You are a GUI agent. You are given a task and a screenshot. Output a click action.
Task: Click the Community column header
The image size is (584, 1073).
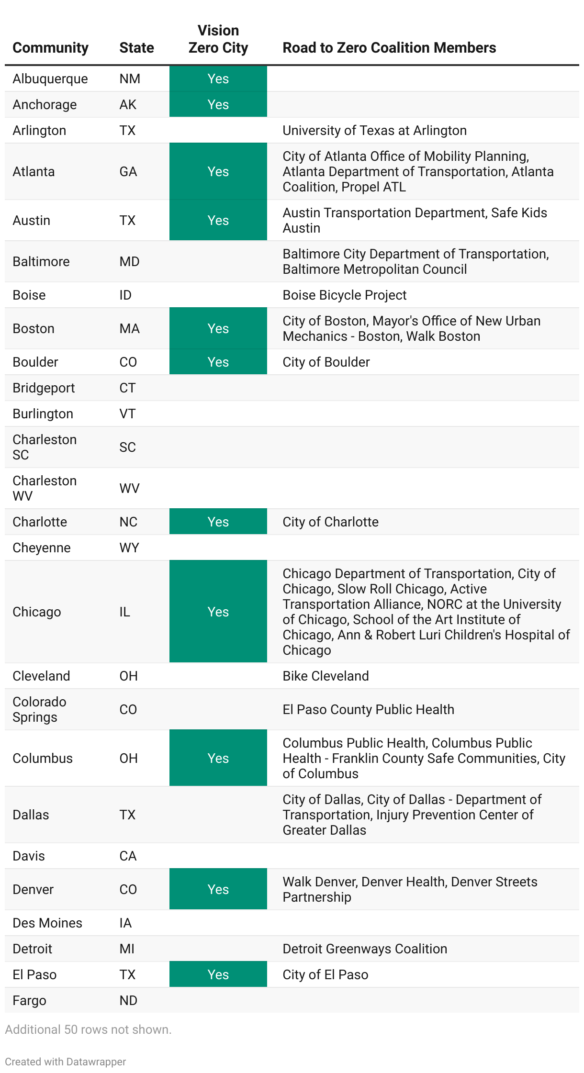[50, 48]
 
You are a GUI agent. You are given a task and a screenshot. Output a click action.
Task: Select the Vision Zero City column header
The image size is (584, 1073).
[218, 39]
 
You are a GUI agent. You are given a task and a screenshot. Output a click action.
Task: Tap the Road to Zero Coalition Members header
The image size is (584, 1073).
[389, 48]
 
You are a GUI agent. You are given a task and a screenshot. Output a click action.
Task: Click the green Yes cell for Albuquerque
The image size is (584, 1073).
[218, 78]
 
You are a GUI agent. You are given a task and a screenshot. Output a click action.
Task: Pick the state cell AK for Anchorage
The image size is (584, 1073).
[128, 104]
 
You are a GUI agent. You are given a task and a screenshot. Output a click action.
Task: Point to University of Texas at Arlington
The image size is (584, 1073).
[374, 130]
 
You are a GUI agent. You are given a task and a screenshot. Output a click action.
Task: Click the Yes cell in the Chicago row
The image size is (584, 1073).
[218, 612]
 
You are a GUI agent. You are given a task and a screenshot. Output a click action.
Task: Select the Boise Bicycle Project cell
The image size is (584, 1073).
[344, 295]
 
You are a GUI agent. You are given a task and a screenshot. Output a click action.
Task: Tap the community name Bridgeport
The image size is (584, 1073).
[44, 388]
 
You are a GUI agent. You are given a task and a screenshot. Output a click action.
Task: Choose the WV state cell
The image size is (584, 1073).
[129, 488]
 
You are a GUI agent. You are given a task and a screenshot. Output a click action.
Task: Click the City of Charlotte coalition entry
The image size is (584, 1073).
[330, 522]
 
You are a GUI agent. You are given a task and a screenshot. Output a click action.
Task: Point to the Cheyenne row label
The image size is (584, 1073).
[42, 548]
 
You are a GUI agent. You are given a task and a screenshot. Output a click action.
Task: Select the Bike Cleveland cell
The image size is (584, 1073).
[326, 676]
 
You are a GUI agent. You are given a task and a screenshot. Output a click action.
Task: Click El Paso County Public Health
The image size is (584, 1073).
[368, 709]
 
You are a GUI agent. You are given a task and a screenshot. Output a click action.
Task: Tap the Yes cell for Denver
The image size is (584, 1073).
[218, 889]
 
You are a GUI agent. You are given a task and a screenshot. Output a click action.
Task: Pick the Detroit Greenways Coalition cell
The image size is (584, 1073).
[365, 949]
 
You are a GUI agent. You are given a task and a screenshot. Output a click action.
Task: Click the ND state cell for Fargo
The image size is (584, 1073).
[128, 1000]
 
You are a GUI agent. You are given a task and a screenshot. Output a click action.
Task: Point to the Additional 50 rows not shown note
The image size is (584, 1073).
[88, 1029]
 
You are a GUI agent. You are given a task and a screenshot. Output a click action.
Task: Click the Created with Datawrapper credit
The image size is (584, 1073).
[65, 1062]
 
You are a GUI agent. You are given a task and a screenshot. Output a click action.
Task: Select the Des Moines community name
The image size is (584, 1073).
[47, 923]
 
